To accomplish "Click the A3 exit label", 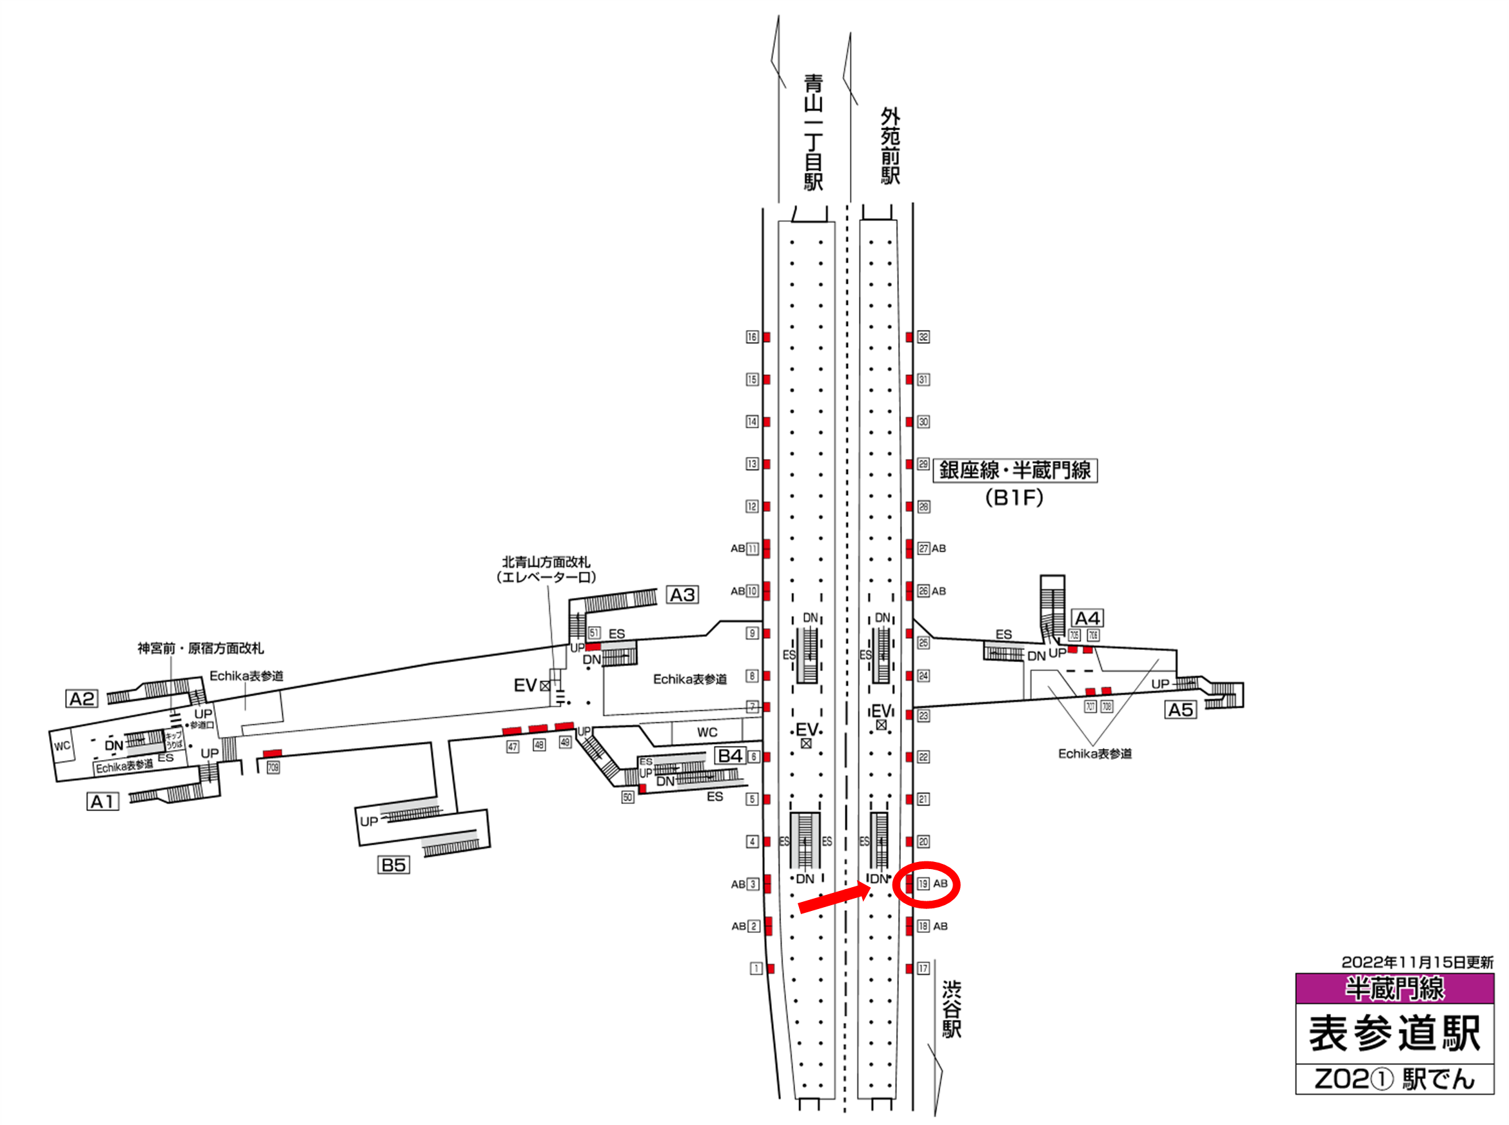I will (x=682, y=594).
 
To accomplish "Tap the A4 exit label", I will (x=1087, y=618).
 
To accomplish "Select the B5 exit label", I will (x=393, y=865).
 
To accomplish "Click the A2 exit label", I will (x=83, y=699).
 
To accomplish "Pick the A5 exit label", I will (x=1181, y=710).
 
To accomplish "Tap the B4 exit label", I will (x=730, y=755).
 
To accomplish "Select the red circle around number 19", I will (x=926, y=884).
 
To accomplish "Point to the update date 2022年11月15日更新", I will (x=1417, y=963).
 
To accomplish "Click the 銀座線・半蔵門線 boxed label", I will (x=1014, y=470).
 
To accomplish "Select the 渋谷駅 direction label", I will (x=951, y=1009).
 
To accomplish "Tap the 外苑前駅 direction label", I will (x=890, y=146).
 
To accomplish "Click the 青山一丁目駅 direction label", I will (x=813, y=133).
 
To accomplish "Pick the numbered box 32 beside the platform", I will (x=923, y=337).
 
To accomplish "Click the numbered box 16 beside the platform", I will (x=751, y=337).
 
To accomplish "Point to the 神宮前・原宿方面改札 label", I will (x=201, y=649).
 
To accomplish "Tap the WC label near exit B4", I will (x=707, y=732).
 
